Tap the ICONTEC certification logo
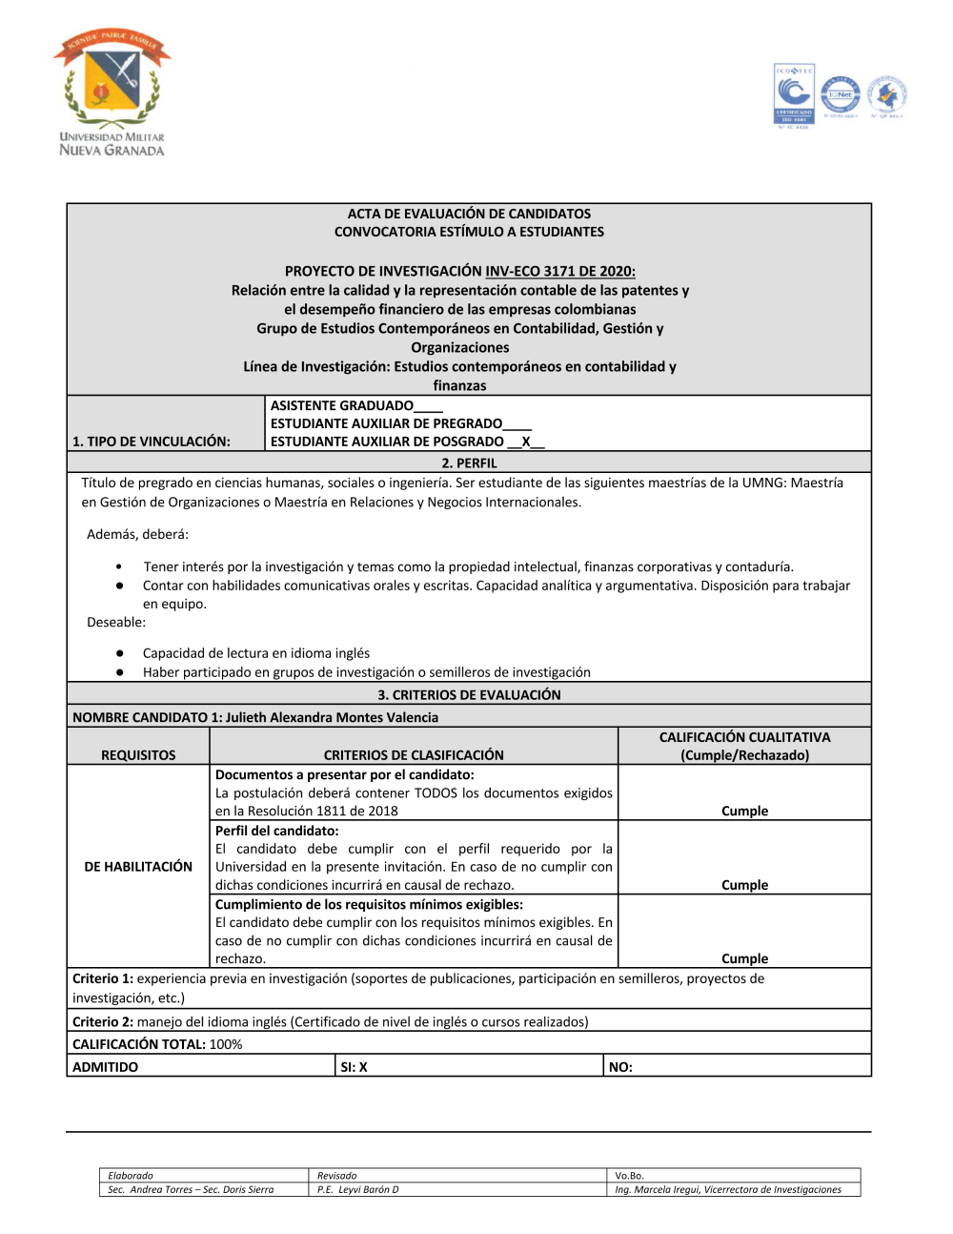pos(793,95)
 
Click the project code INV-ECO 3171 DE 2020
pos(559,271)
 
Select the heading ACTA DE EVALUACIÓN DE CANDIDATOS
pos(469,214)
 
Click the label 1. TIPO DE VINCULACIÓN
pos(152,442)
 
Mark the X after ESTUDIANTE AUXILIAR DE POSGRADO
pos(526,442)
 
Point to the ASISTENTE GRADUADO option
pos(342,405)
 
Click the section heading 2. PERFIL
pos(469,463)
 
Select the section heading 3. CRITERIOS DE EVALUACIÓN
pos(469,694)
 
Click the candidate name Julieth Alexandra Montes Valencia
pos(332,717)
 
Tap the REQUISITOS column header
pos(138,754)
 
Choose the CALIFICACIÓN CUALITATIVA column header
pos(744,737)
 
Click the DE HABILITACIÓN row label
pos(138,866)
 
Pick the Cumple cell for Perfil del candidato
pos(744,885)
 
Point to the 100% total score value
pos(226,1044)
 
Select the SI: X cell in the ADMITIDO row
pos(355,1067)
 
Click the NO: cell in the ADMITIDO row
pos(620,1067)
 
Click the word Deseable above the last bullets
pos(115,622)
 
